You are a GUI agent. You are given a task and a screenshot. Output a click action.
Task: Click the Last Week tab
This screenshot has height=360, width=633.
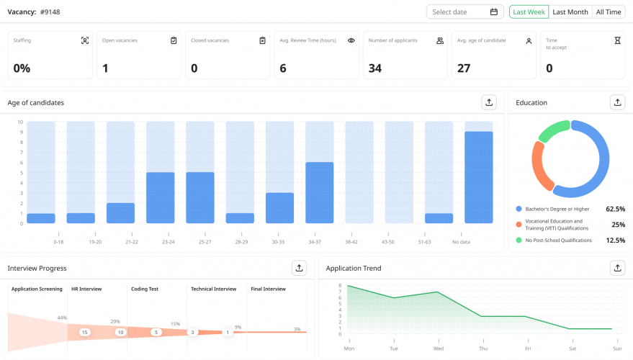(529, 12)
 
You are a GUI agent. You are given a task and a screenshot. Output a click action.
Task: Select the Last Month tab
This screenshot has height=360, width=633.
(570, 12)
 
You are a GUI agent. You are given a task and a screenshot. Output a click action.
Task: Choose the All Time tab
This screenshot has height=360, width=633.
(608, 12)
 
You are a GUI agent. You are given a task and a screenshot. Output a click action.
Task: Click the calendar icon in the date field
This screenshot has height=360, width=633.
(494, 12)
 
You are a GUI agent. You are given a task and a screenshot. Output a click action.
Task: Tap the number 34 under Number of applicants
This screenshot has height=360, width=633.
(374, 68)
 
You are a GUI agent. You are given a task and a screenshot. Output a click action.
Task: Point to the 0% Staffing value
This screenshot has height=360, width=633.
(22, 68)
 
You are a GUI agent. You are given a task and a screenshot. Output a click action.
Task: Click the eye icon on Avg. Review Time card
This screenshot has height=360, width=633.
(351, 41)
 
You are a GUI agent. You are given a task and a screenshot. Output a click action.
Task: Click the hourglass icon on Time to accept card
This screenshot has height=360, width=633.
(617, 41)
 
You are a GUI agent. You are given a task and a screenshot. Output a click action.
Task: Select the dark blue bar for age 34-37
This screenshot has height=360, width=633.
(320, 192)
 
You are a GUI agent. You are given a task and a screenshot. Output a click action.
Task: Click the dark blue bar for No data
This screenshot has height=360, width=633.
(478, 177)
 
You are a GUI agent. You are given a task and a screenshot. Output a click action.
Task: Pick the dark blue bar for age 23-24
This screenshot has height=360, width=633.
(161, 197)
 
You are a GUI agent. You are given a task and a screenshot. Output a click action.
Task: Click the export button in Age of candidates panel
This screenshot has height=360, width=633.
(489, 102)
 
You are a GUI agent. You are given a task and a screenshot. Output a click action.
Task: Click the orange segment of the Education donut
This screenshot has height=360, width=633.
(539, 166)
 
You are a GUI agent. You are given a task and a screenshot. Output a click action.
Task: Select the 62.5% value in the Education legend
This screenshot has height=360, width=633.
(614, 209)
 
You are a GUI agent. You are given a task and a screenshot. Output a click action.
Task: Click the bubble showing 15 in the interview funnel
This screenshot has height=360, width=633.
(84, 332)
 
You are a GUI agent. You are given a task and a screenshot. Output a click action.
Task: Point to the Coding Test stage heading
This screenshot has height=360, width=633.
(145, 289)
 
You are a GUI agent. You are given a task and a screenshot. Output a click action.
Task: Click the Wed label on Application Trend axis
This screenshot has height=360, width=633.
(438, 348)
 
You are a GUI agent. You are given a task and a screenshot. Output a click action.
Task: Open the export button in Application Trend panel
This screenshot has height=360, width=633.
(617, 268)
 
